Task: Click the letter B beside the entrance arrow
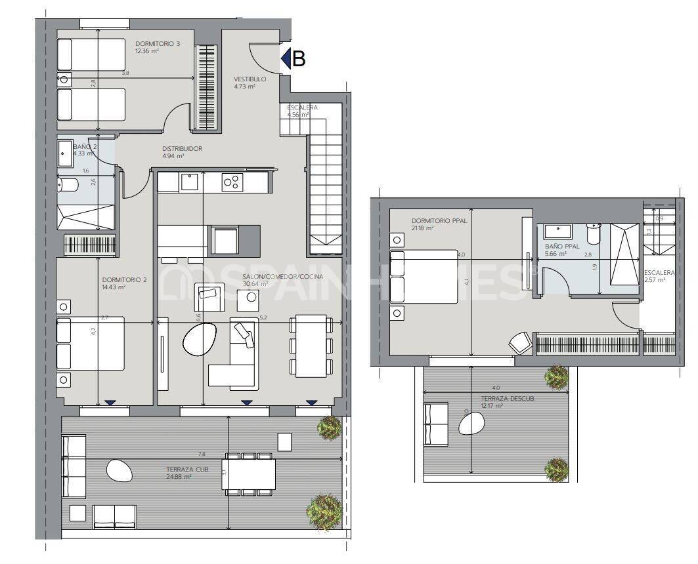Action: [x=299, y=59]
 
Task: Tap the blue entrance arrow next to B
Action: [x=286, y=59]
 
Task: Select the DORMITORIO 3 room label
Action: [x=158, y=43]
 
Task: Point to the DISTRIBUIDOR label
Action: [x=182, y=149]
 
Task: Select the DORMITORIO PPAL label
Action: [x=439, y=221]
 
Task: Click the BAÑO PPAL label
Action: [x=562, y=247]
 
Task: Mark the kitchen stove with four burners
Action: [x=231, y=182]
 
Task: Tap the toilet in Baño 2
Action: [x=68, y=186]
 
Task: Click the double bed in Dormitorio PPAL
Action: [x=424, y=276]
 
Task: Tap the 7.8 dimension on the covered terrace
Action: [x=202, y=454]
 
